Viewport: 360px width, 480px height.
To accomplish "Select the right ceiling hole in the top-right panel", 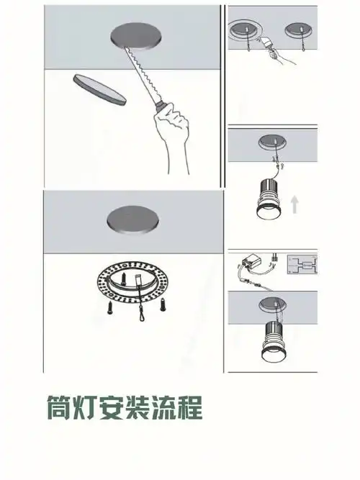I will [298, 30].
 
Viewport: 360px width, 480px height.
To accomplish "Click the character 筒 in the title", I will [62, 408].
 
